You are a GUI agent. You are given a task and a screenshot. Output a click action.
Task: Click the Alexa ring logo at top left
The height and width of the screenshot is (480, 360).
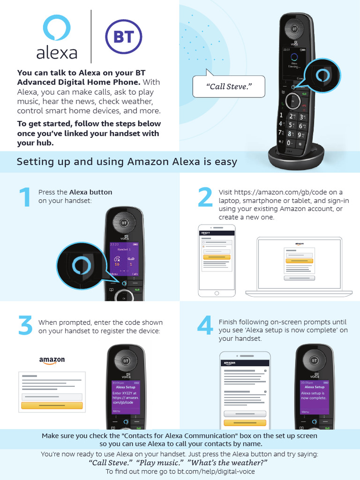[x=56, y=28]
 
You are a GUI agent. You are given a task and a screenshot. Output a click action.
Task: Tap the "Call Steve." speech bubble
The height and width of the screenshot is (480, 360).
[x=229, y=87]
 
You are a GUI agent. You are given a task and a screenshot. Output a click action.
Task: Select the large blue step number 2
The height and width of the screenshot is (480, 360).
[x=205, y=197]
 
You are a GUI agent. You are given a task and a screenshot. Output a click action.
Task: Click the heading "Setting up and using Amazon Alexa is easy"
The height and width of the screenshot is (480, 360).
[x=127, y=162]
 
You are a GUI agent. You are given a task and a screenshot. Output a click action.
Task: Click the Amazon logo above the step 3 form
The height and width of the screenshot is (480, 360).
[x=52, y=360]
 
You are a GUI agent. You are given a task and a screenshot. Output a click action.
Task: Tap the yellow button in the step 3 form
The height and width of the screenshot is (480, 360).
[x=52, y=405]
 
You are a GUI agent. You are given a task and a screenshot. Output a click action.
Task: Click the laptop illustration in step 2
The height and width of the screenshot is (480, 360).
[x=300, y=266]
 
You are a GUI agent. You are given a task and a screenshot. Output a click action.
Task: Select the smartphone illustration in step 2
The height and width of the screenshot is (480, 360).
[x=217, y=261]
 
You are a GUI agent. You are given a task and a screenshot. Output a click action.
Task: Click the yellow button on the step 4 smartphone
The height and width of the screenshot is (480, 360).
[x=245, y=422]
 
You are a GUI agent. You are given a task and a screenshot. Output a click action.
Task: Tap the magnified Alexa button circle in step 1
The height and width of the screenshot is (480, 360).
[x=78, y=266]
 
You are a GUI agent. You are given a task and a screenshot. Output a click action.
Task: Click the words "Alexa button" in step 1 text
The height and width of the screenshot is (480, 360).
[x=90, y=192]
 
